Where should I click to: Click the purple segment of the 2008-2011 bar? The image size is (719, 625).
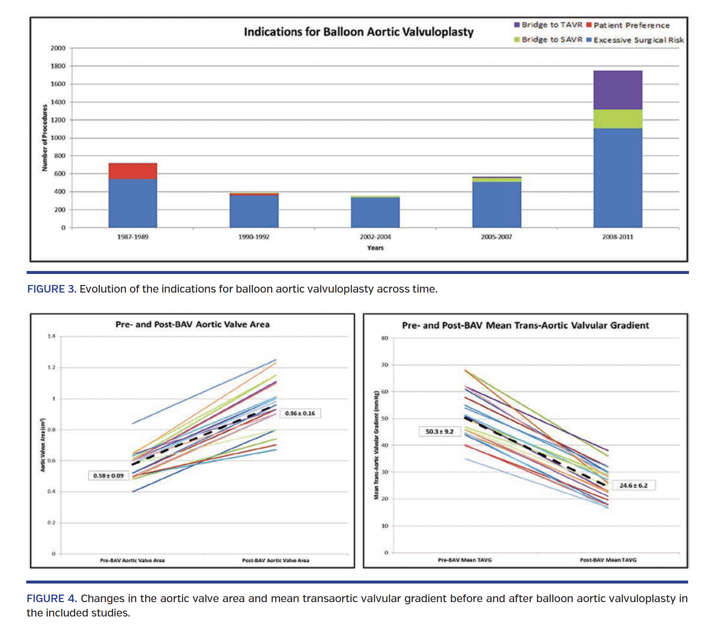[617, 90]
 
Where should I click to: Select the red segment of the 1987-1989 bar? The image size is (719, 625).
[133, 171]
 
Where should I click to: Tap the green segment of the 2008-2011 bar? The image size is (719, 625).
[617, 119]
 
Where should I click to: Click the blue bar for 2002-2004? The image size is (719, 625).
[375, 212]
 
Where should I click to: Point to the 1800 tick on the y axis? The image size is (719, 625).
[58, 66]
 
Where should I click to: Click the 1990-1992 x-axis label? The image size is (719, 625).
[254, 237]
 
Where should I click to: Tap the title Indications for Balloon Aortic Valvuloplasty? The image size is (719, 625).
[359, 32]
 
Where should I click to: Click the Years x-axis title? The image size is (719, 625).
[375, 248]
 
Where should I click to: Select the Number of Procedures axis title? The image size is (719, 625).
[44, 138]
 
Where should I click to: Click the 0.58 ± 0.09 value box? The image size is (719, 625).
[108, 476]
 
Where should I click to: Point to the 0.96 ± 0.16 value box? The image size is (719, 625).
[300, 413]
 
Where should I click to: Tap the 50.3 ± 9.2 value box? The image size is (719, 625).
[439, 431]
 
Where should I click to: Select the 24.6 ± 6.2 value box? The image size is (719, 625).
[633, 485]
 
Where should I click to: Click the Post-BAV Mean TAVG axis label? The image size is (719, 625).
[608, 560]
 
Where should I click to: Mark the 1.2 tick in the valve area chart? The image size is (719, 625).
[51, 368]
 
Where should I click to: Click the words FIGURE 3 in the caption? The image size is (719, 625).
[52, 289]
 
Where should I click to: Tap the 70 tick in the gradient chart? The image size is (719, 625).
[384, 365]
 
